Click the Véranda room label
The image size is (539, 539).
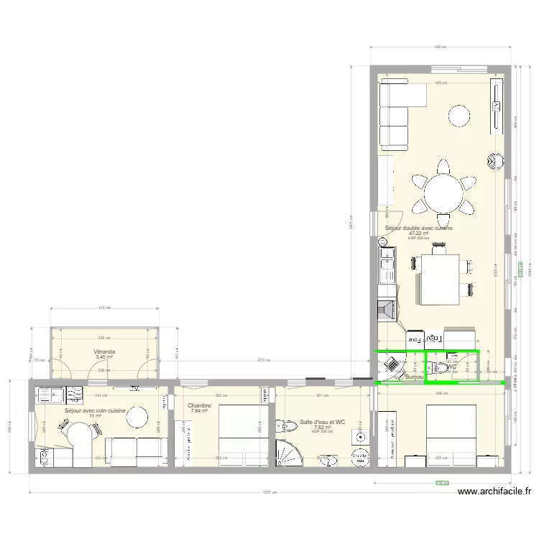coord(105,352)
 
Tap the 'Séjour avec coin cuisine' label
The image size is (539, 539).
coord(95,410)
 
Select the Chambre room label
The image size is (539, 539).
coord(199,406)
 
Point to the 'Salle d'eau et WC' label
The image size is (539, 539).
coord(323,422)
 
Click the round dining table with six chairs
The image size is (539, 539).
coord(444,192)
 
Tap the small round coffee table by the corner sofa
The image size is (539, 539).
coord(460,115)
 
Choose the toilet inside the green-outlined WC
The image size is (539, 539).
coord(441,368)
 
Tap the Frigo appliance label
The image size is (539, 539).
coord(433,338)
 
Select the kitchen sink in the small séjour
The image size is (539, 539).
coord(49,393)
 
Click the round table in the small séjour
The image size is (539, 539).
coord(137,418)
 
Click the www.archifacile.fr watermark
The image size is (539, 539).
coord(494,492)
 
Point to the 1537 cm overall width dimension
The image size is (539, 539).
coord(270,493)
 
